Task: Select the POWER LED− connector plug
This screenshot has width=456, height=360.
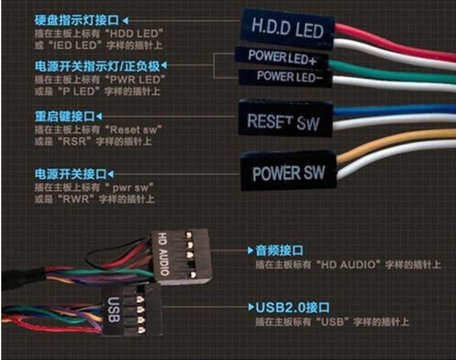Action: coord(285,78)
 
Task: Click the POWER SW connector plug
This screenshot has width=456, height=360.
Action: coord(289,171)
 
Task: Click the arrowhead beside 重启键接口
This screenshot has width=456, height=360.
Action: coord(100,116)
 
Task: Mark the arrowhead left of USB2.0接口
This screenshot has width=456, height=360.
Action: coord(250,308)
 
